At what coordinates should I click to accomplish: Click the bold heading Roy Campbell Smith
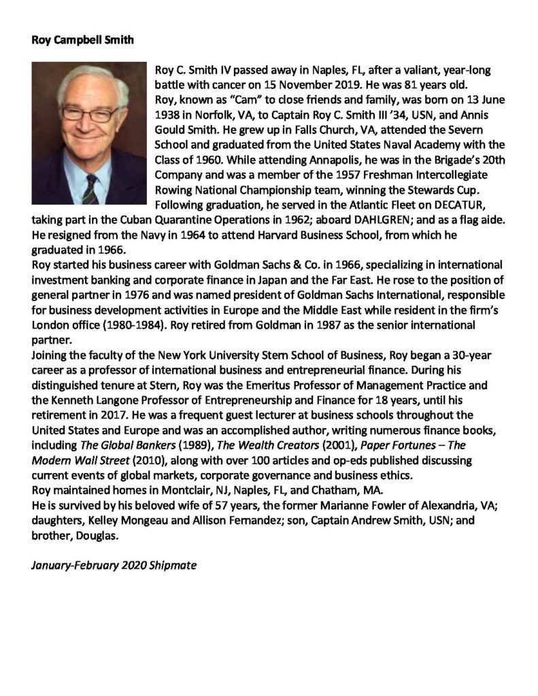(x=83, y=39)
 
